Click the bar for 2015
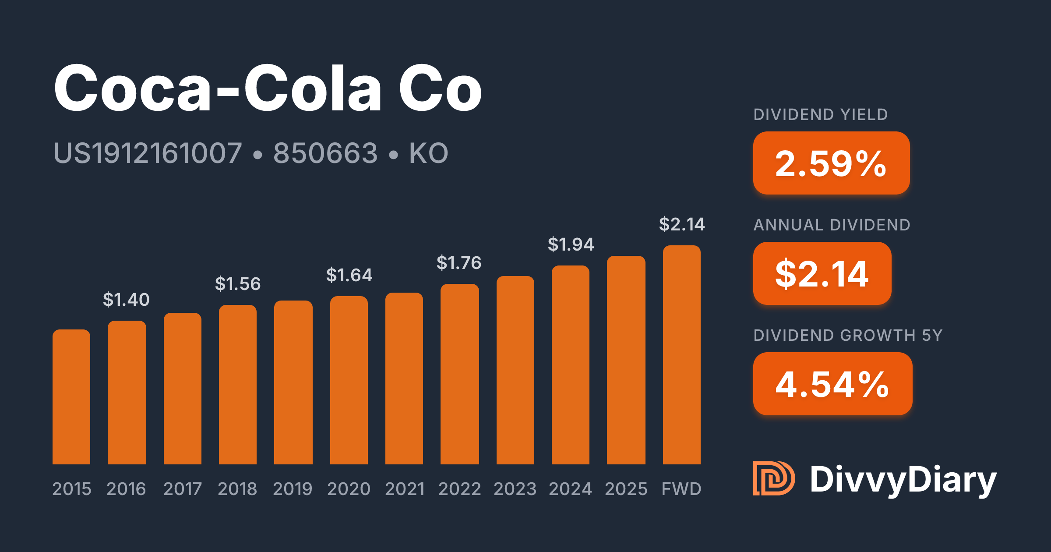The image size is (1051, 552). tap(71, 397)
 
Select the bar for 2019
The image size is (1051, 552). tap(293, 382)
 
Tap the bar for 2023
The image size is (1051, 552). tap(515, 370)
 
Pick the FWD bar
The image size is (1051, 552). tap(682, 355)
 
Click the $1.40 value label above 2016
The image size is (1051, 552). tap(126, 300)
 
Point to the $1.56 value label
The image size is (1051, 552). tap(238, 284)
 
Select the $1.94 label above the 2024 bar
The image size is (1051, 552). tap(571, 244)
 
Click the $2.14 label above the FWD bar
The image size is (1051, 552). tap(682, 224)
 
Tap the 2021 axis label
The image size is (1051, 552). tap(405, 489)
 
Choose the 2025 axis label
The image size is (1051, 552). tap(626, 489)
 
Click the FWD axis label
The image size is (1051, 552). tap(681, 489)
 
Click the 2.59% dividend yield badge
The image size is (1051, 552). tap(832, 163)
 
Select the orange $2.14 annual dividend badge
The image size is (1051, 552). tap(822, 273)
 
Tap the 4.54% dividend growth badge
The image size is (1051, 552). tap(833, 384)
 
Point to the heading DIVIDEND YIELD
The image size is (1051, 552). tap(821, 115)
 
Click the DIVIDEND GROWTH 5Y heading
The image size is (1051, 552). tap(848, 336)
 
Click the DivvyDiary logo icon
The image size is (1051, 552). tap(774, 478)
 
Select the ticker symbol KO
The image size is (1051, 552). tap(429, 153)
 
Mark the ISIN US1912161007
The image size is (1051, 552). tap(148, 153)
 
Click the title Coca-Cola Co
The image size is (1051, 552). tap(268, 88)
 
